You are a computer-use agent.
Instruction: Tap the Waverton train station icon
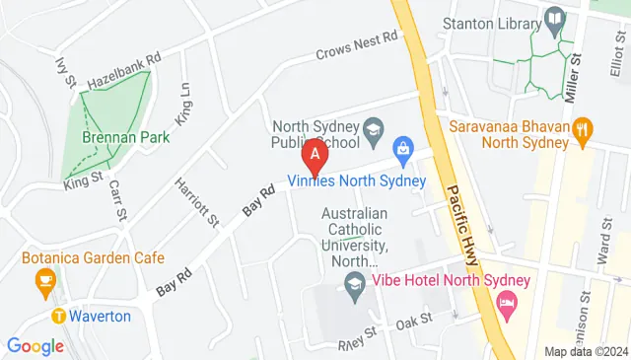click(x=59, y=317)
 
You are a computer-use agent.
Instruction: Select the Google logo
click(x=35, y=346)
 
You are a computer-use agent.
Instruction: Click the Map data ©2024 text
click(x=586, y=351)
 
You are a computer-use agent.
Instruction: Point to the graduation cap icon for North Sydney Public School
click(x=374, y=127)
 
